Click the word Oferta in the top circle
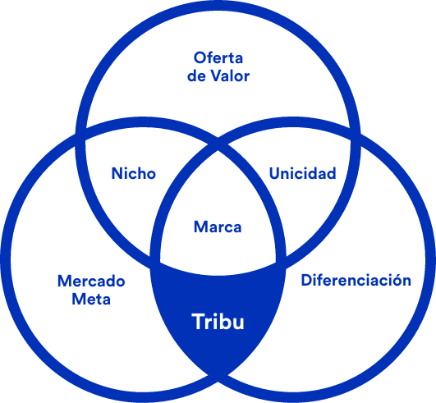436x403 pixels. click(x=218, y=57)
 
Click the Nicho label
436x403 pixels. click(x=134, y=173)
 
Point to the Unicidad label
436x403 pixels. click(x=302, y=173)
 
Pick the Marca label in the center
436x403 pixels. click(x=218, y=227)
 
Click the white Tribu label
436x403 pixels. click(x=218, y=322)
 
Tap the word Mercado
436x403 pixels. click(x=91, y=281)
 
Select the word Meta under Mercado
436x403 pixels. click(x=91, y=299)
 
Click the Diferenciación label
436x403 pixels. click(x=356, y=280)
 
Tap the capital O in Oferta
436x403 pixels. click(x=200, y=57)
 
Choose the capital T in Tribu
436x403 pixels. click(x=198, y=322)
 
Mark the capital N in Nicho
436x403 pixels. click(x=117, y=173)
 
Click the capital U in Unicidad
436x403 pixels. click(x=275, y=173)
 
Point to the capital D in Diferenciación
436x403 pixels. click(x=307, y=280)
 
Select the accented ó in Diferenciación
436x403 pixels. click(x=394, y=280)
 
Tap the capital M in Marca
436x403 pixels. click(x=201, y=227)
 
